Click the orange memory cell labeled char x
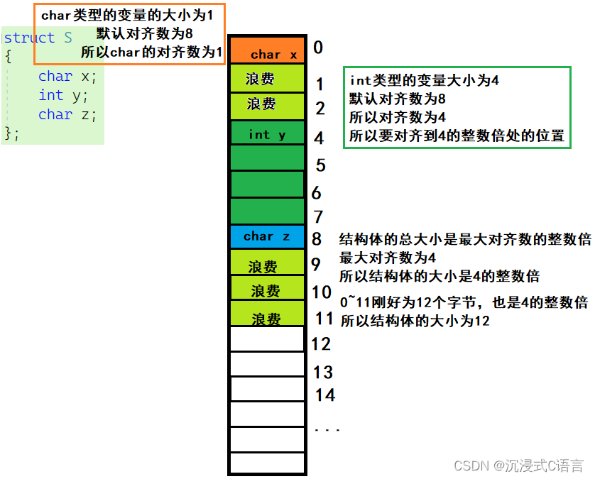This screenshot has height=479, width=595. tap(267, 51)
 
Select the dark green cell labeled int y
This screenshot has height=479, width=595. tap(267, 133)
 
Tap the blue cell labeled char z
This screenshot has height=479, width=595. tap(267, 236)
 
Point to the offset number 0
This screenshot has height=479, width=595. tap(318, 48)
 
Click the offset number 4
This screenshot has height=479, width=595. tap(319, 138)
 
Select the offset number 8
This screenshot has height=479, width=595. tap(317, 239)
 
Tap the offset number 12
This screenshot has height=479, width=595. tap(321, 344)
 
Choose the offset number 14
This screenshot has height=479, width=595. tap(325, 395)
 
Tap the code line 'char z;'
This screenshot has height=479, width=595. tap(67, 114)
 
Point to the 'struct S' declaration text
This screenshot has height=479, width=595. tap(38, 38)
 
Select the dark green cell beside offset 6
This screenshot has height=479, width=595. tap(267, 185)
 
